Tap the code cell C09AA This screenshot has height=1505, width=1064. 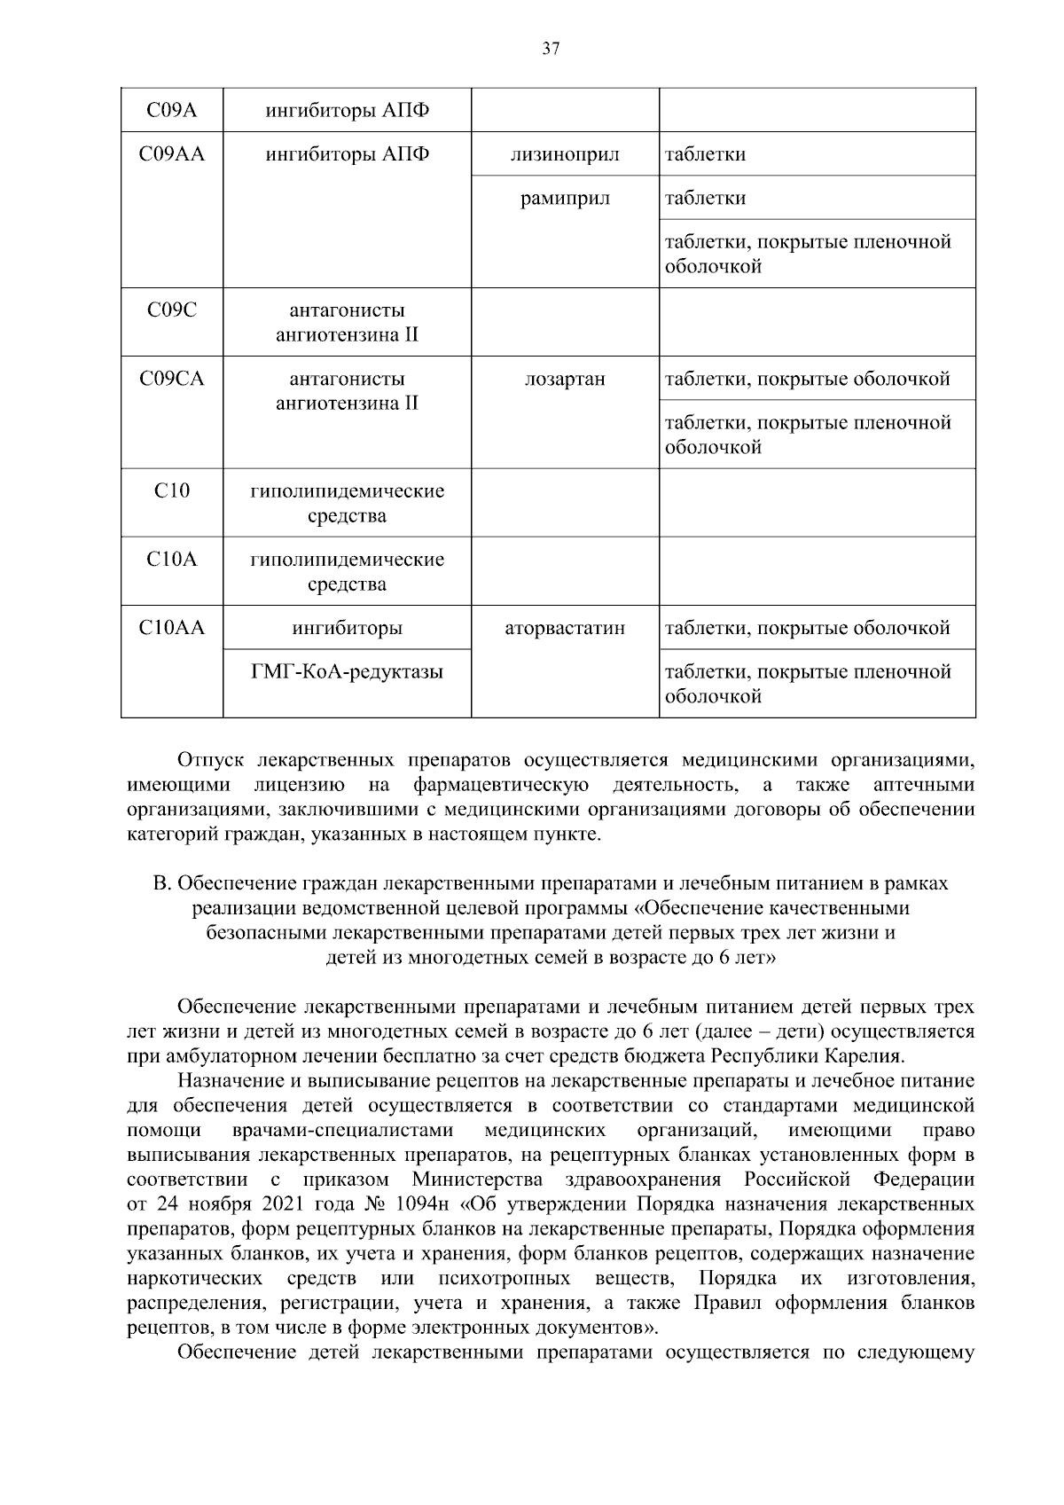coord(172,154)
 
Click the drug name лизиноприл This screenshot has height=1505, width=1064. coord(565,154)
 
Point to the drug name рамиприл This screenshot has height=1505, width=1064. coord(565,198)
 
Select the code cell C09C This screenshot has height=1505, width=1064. coord(172,310)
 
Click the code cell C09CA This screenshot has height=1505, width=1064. coord(172,379)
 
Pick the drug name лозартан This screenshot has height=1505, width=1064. coord(565,379)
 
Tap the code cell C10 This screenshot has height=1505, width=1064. coord(172,491)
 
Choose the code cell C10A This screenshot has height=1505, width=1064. coord(172,560)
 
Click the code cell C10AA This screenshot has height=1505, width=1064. coord(172,628)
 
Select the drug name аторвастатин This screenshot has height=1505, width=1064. coord(565,628)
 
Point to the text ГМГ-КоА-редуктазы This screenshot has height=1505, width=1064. coord(347,671)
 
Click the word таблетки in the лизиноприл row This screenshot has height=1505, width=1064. coord(706,154)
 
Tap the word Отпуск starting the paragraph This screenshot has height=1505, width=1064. coord(210,760)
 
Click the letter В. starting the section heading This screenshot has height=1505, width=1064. coord(161,883)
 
